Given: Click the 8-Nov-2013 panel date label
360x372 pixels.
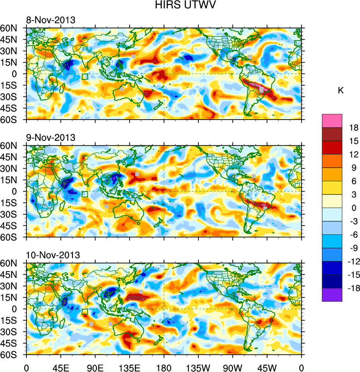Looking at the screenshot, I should pyautogui.click(x=50, y=20).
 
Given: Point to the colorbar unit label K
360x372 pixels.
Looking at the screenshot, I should pyautogui.click(x=341, y=91).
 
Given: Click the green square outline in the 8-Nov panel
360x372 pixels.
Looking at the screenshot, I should pyautogui.click(x=85, y=77).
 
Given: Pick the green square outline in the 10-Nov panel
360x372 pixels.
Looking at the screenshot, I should pyautogui.click(x=85, y=312).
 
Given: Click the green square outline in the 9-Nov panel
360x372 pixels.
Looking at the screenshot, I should pyautogui.click(x=85, y=194).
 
